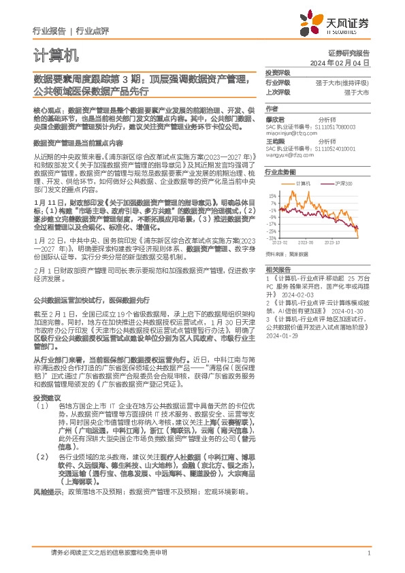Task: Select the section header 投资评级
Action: pos(277,72)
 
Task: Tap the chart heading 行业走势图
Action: pos(280,174)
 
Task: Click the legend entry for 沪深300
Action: pos(342,184)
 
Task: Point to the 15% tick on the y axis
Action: pos(272,195)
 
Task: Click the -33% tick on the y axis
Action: pos(272,238)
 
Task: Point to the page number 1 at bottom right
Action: pos(368,553)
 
